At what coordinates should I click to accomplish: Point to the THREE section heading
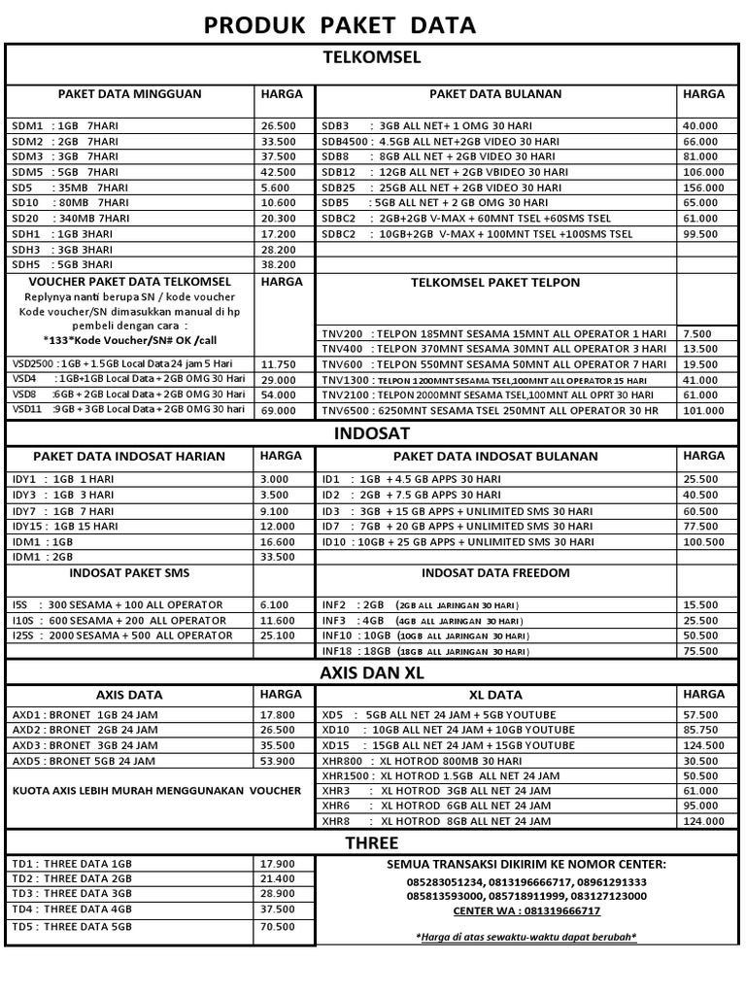[372, 842]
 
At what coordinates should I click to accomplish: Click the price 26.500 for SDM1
[278, 126]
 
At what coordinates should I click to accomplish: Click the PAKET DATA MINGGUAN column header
[129, 94]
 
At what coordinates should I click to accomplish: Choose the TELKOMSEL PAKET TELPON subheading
[496, 283]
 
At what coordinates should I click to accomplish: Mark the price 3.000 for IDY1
[275, 479]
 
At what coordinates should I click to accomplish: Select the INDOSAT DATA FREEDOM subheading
[496, 573]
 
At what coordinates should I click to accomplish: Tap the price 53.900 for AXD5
[278, 760]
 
